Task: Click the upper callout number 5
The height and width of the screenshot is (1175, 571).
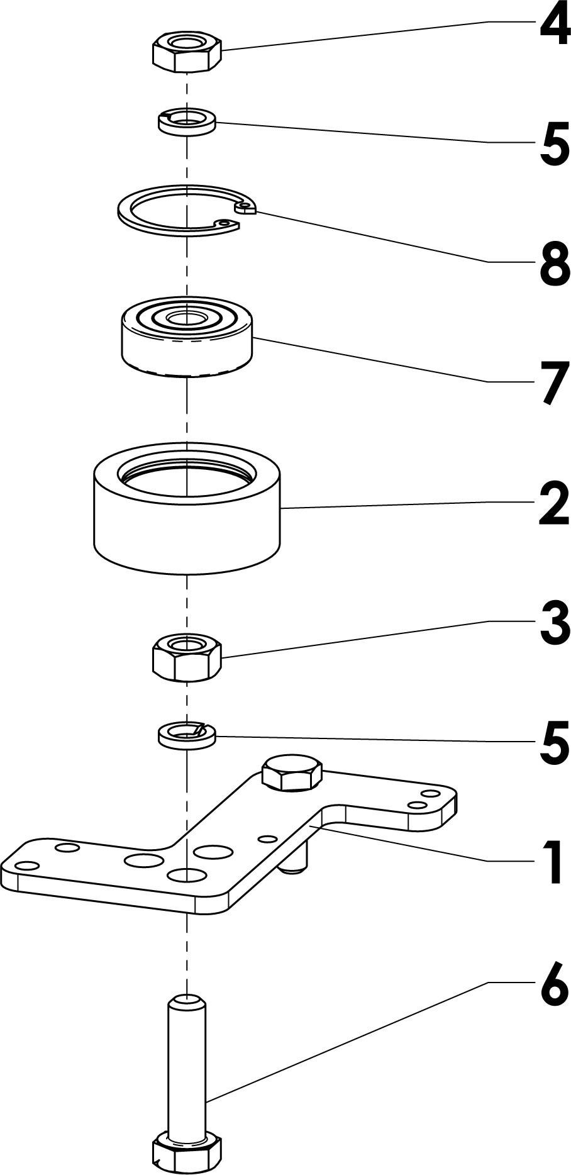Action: [554, 145]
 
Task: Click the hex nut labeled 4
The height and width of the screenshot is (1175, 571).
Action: [187, 53]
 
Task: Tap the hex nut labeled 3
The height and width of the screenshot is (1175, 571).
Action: [187, 657]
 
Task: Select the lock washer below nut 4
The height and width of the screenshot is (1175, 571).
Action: [187, 121]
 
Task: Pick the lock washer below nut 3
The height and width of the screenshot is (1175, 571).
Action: [187, 734]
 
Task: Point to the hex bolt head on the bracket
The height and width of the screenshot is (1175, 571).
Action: [292, 773]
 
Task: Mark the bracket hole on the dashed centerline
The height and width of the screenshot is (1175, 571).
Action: [187, 874]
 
